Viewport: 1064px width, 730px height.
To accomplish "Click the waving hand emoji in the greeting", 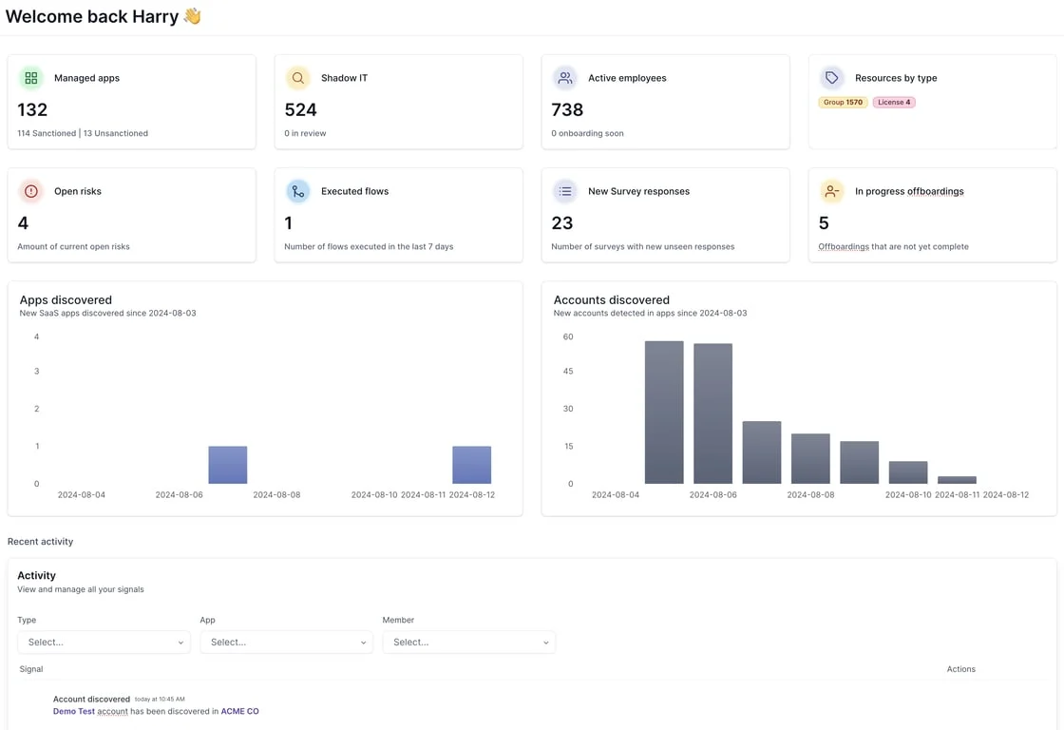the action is [193, 15].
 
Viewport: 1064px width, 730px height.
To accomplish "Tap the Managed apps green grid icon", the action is [31, 78].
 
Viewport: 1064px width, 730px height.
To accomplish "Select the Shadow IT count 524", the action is [300, 110].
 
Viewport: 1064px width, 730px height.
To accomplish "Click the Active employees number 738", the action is [567, 110].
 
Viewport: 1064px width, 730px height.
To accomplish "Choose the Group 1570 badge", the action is [843, 103].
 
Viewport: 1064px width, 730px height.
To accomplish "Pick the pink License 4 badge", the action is [894, 103].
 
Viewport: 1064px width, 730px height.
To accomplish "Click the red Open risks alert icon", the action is [31, 191].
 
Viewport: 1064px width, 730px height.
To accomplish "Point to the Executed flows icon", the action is [298, 191].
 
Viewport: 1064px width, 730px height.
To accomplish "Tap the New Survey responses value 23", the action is [561, 223].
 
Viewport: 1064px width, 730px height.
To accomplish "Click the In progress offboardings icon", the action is [832, 191].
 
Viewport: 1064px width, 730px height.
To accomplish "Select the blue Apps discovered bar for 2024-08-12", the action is [471, 465].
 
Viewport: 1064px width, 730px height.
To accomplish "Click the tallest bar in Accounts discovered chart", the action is [664, 413].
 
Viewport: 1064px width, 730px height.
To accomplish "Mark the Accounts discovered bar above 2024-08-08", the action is [810, 458].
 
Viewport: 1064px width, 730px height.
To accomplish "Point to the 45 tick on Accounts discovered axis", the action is [568, 372].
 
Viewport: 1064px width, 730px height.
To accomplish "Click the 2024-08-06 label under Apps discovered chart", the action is [180, 495].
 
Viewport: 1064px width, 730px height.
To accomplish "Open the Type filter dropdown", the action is [104, 643].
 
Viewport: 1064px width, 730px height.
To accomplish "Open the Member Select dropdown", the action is [469, 643].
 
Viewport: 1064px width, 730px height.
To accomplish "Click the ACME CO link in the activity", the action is [239, 712].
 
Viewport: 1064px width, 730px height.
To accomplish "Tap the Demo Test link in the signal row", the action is [74, 712].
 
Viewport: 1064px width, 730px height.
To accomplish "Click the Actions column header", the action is [960, 669].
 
